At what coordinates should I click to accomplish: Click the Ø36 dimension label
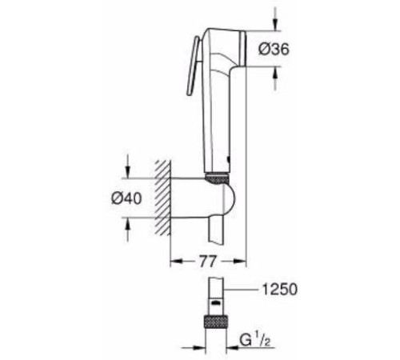(274, 50)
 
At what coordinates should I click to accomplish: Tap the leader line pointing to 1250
(244, 290)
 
